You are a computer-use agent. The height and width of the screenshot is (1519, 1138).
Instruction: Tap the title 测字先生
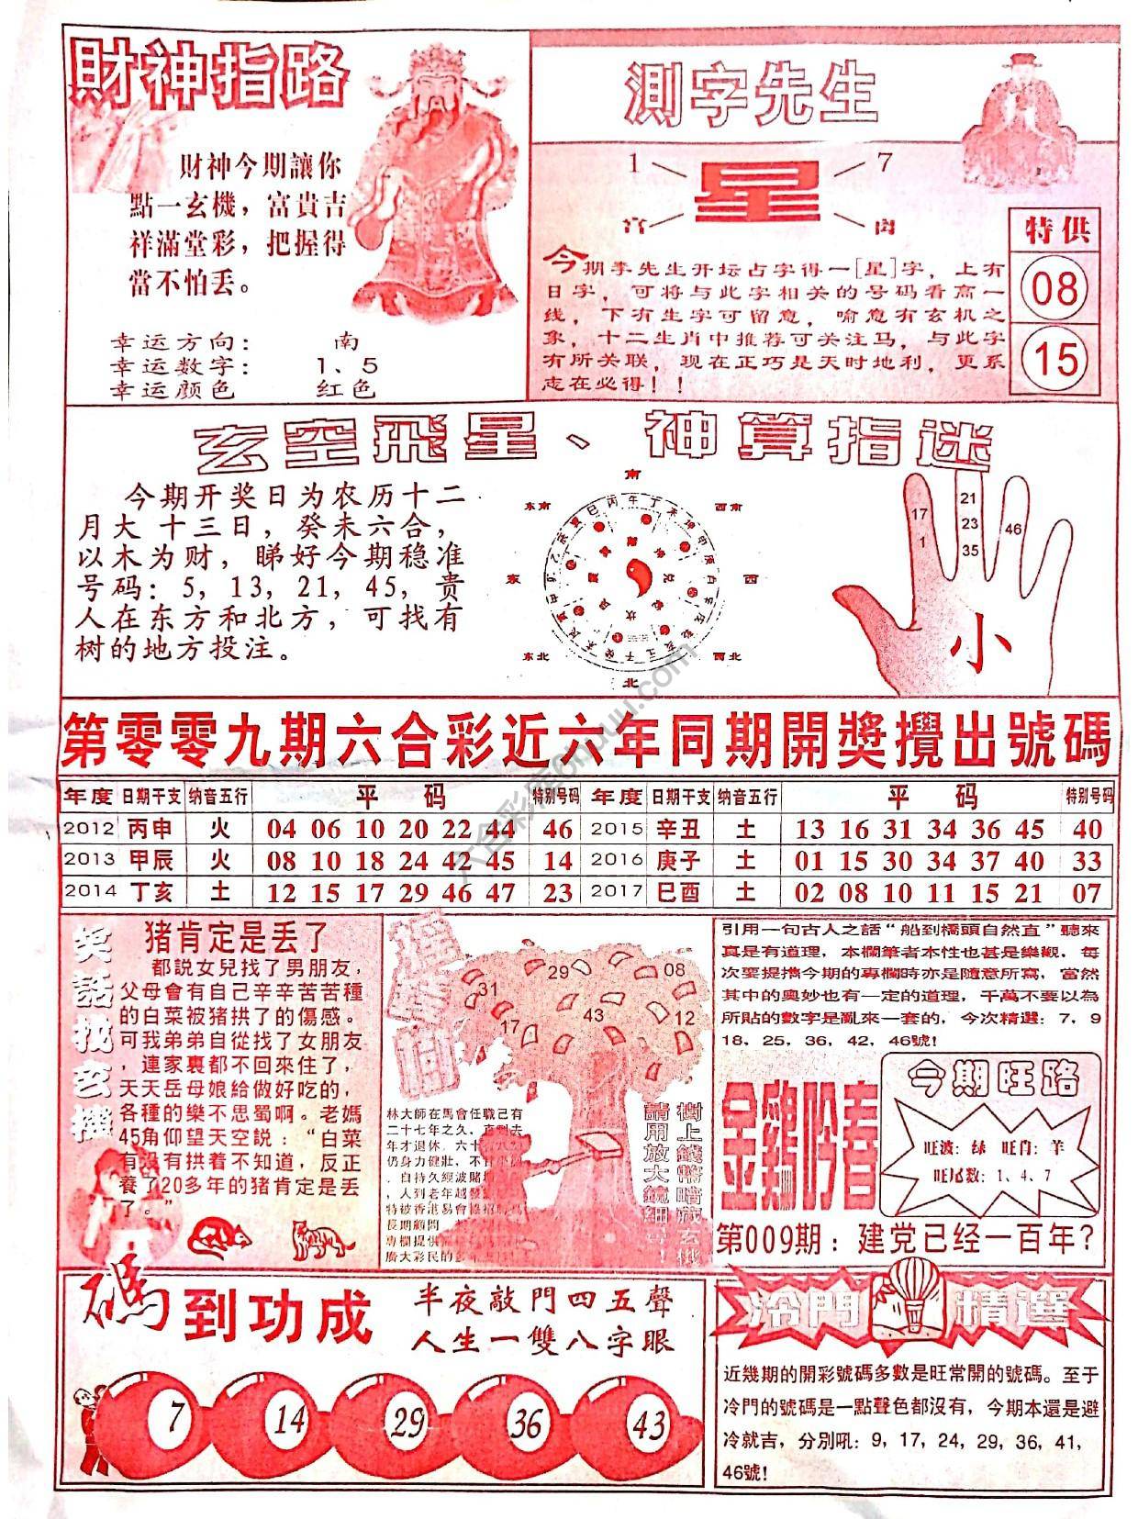coord(751,94)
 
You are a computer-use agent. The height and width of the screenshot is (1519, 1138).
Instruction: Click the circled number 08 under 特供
coord(1054,289)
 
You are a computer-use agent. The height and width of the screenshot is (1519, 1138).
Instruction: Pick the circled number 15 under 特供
coord(1054,359)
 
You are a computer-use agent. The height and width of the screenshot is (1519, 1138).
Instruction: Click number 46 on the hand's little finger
coord(1013,530)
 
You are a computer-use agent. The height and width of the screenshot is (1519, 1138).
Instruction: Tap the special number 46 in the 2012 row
coord(557,829)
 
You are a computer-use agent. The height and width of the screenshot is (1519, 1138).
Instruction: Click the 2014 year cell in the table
coord(88,891)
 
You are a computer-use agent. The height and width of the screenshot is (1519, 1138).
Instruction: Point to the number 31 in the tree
coord(486,988)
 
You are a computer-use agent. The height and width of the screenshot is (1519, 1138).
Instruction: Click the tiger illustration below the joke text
coord(322,1241)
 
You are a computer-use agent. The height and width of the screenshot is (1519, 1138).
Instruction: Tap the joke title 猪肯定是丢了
coord(236,936)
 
